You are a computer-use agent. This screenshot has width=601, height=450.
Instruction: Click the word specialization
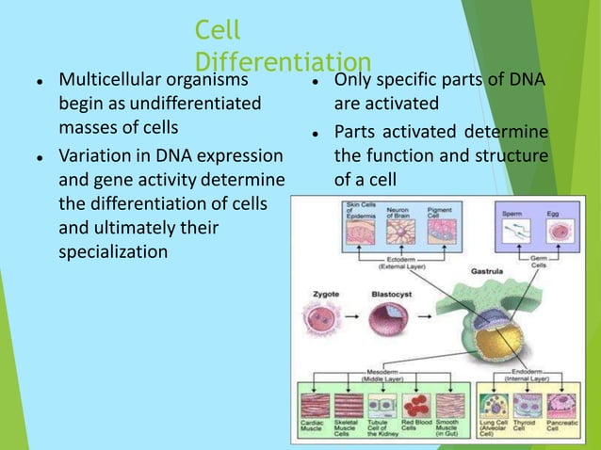coord(113,251)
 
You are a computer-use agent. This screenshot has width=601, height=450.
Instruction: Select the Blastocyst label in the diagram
coord(388,294)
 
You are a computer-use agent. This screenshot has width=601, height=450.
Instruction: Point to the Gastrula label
coord(489,269)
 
